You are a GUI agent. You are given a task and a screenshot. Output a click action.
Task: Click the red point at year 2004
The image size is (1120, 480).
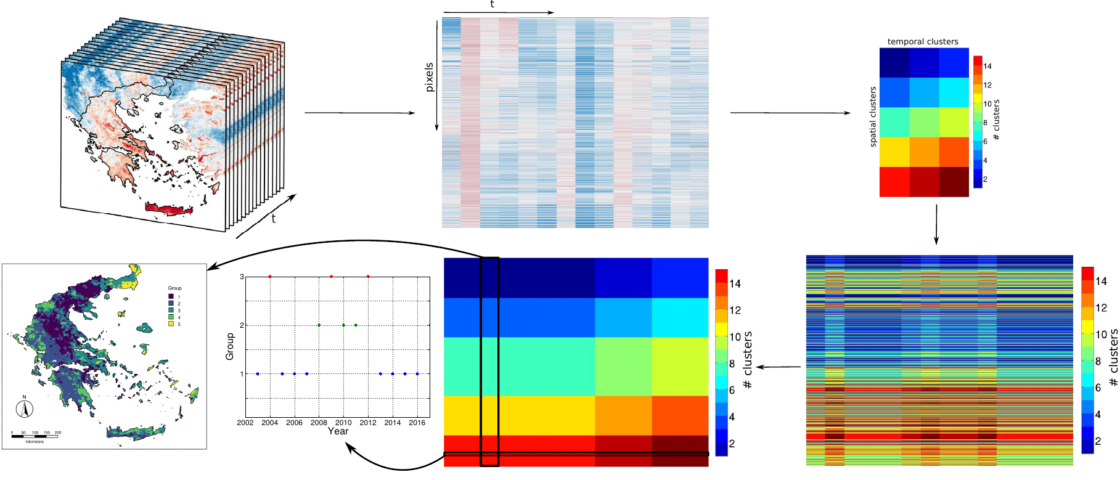270,277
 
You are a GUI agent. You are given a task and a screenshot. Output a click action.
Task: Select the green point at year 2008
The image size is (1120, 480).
319,325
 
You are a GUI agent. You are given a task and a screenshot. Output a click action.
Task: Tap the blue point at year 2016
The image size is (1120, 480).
417,374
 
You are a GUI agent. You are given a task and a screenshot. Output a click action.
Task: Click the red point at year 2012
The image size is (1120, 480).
368,277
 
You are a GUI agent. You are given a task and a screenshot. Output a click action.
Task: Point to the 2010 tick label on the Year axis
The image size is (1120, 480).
343,423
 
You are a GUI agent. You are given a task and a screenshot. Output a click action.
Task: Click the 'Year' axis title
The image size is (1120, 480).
338,431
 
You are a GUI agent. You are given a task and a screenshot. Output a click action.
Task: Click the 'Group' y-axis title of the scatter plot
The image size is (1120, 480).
230,346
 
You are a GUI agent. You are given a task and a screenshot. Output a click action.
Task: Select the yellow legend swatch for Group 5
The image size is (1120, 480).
171,324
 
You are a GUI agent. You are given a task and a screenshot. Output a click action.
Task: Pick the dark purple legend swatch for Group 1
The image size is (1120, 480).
171,296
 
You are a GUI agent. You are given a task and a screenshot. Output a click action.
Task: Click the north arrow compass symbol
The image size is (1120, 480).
25,408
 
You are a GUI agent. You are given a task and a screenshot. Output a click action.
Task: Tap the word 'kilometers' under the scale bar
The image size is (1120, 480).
35,442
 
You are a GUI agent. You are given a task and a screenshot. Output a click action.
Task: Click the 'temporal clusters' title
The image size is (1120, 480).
923,42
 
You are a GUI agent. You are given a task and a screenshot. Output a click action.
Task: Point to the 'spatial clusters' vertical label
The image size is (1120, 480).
873,116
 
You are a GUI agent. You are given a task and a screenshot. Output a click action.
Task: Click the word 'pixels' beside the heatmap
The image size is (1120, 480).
430,77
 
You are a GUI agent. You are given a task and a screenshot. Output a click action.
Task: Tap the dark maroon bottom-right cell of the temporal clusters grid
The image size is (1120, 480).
954,182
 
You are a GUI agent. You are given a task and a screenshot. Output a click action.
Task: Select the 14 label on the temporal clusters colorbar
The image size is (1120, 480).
987,66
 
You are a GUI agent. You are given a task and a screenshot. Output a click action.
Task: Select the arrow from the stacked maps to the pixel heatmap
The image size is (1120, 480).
360,113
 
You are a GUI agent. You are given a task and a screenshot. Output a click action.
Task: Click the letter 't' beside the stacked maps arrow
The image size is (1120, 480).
273,219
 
